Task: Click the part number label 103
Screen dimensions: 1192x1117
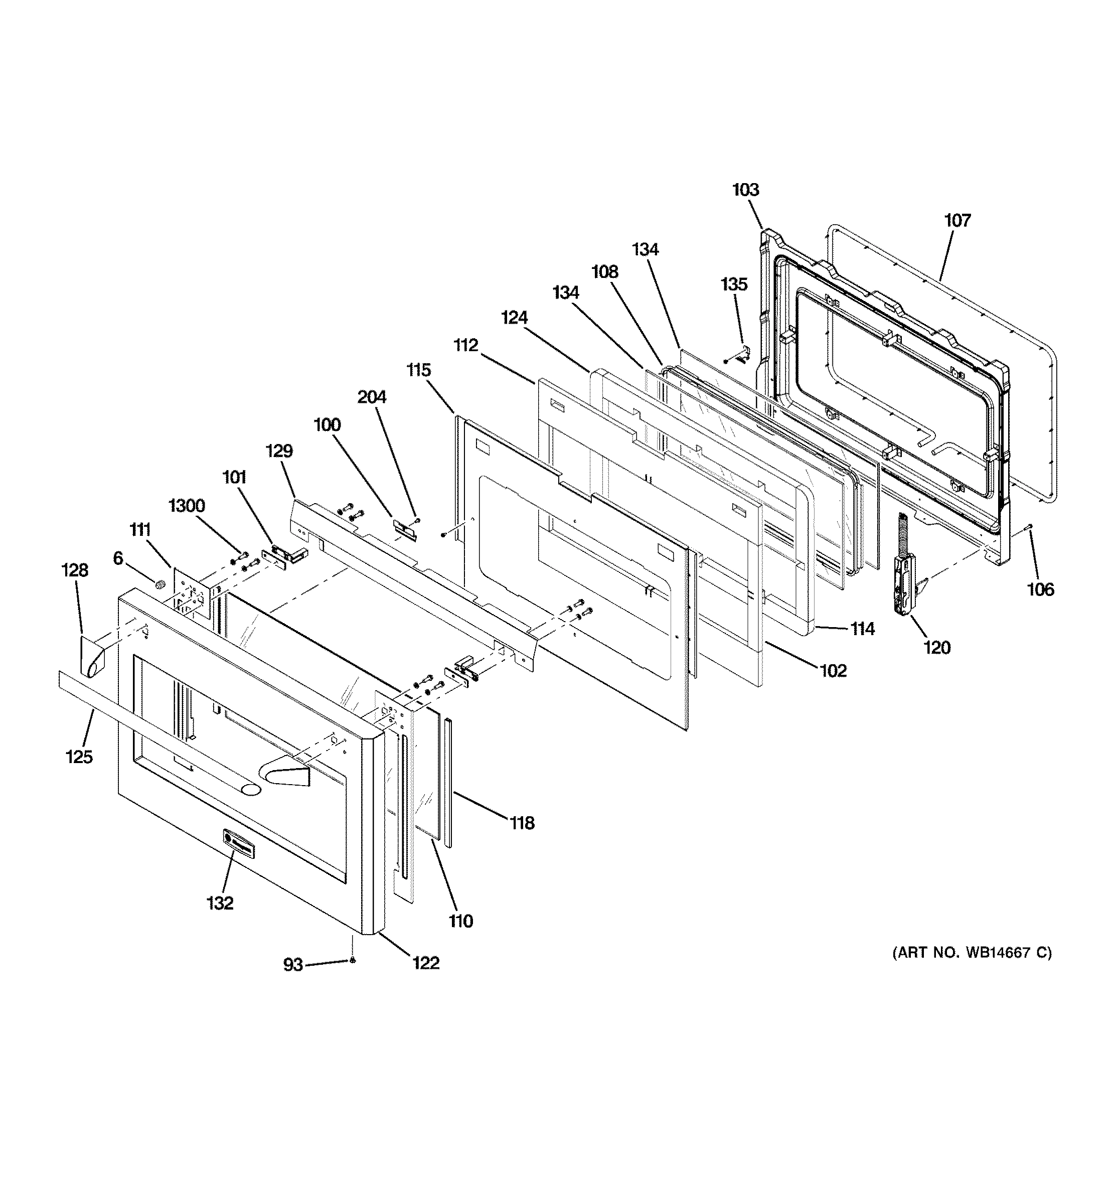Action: click(745, 190)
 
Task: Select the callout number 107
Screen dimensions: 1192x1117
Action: click(957, 221)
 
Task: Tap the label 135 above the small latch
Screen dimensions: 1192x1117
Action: click(734, 284)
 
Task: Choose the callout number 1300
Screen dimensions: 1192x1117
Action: click(187, 506)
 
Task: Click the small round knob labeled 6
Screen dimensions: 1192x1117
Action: click(160, 583)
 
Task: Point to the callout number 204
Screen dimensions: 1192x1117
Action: click(372, 397)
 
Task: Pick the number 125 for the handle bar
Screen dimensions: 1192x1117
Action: click(79, 758)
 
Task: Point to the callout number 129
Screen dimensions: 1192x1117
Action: click(279, 451)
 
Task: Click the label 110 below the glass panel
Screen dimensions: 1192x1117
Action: click(460, 921)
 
